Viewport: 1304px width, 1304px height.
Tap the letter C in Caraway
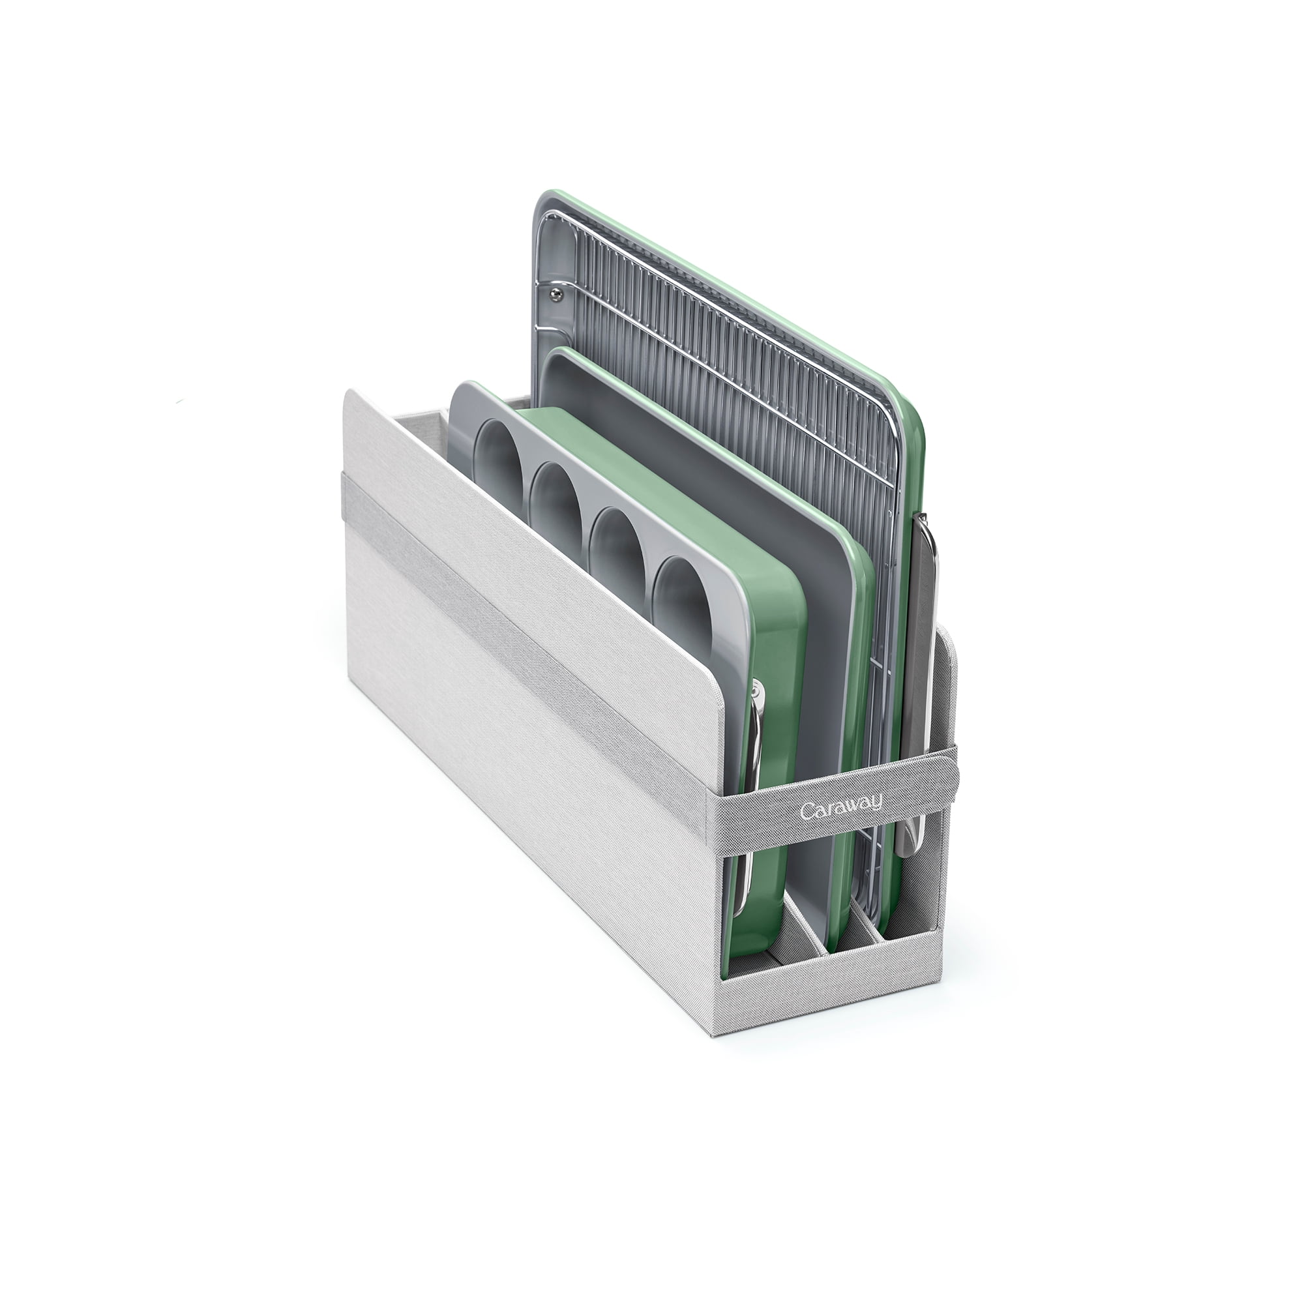click(x=807, y=811)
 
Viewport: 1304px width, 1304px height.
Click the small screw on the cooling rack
click(x=555, y=291)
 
